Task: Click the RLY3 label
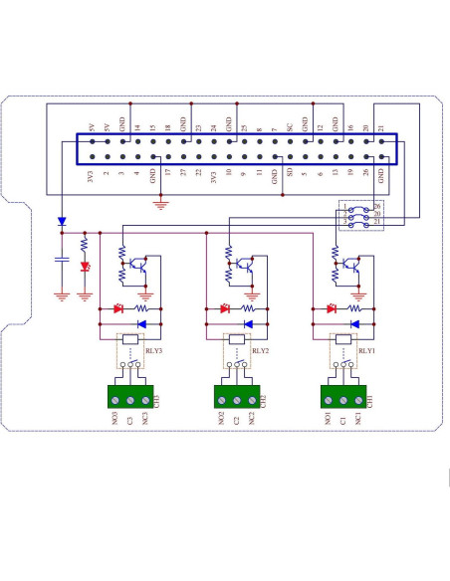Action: tap(153, 351)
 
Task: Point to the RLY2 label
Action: tap(260, 351)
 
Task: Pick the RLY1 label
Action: tap(366, 351)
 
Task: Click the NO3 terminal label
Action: tap(115, 420)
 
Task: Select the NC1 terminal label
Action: tap(357, 420)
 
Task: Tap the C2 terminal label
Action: tap(236, 420)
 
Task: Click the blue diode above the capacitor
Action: tap(62, 222)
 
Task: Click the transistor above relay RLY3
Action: tap(143, 266)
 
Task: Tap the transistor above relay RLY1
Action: tap(352, 266)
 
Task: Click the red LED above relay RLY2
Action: tap(225, 309)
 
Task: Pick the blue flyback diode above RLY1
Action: tap(353, 324)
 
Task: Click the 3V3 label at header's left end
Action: tap(91, 179)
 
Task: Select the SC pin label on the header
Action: tap(290, 127)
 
